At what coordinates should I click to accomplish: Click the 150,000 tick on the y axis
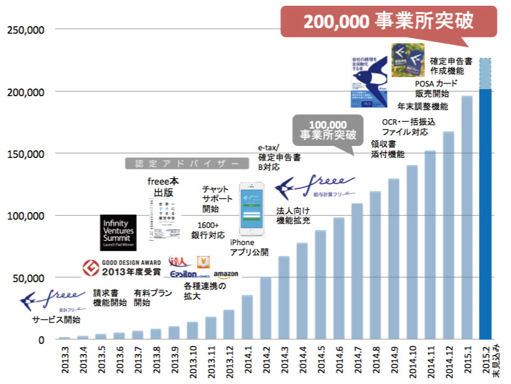pyautogui.click(x=26, y=154)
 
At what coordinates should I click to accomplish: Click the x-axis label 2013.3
pyautogui.click(x=64, y=360)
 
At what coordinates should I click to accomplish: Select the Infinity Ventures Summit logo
pyautogui.click(x=119, y=233)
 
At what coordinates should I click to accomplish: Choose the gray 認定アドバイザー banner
pyautogui.click(x=182, y=164)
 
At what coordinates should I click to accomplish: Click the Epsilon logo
pyautogui.click(x=189, y=274)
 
